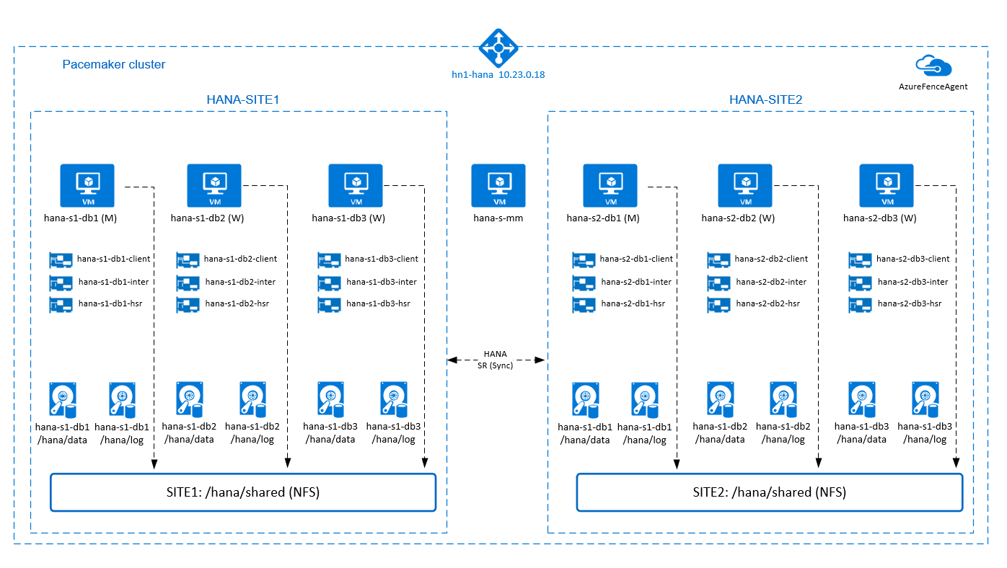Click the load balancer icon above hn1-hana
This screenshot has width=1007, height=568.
point(498,48)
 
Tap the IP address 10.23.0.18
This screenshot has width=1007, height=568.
point(521,74)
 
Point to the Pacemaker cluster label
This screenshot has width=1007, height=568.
point(114,64)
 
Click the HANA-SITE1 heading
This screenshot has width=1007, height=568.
point(242,99)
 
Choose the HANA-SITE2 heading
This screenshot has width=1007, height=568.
point(765,99)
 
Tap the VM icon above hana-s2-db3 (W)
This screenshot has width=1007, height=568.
point(887,185)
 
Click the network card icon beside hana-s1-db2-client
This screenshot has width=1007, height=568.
point(187,259)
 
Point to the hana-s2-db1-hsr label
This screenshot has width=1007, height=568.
point(633,303)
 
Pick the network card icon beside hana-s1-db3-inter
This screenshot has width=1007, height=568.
point(329,282)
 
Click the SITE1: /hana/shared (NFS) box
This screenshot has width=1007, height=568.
point(243,493)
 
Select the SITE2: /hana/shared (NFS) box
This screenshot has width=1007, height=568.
point(769,493)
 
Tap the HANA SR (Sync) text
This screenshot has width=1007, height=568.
point(495,359)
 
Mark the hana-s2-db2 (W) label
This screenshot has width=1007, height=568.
point(738,218)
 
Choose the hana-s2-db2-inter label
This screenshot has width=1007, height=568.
point(770,282)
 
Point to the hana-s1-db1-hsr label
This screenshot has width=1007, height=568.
point(110,303)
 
